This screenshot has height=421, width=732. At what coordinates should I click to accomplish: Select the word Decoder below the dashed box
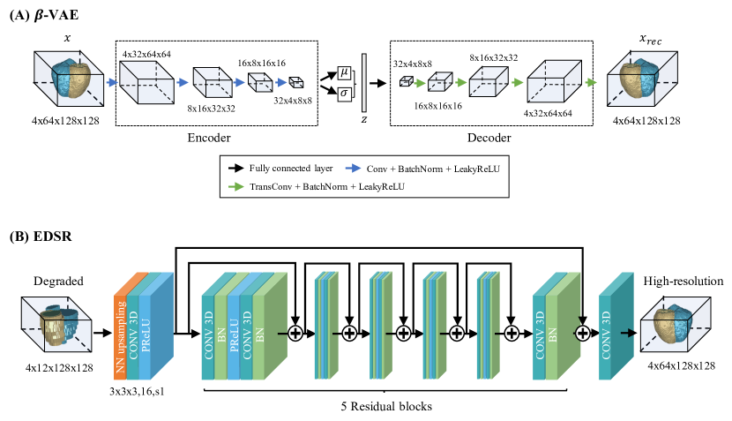(x=487, y=139)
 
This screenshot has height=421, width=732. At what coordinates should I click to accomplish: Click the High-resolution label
(x=683, y=282)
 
